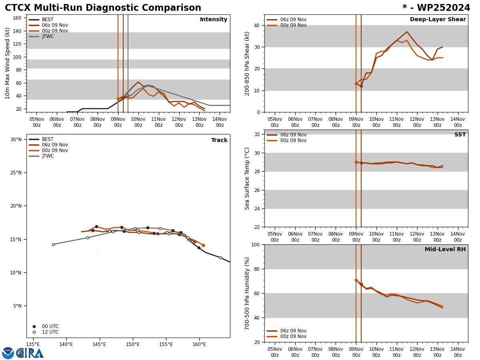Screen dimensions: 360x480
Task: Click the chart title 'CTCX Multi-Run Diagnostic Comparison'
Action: coord(103,8)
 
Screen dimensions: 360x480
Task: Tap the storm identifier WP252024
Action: coord(436,8)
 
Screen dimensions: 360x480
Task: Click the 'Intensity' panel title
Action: coord(214,20)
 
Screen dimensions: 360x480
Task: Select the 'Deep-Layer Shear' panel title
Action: coord(438,20)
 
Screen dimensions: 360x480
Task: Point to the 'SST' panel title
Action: coord(460,135)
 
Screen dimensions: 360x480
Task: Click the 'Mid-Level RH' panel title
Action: coord(445,250)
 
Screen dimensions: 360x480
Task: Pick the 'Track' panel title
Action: coord(219,140)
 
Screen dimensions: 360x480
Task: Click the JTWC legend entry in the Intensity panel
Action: coord(48,36)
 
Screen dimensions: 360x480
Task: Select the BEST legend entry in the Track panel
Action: coord(48,139)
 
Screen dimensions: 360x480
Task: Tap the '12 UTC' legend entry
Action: coord(50,332)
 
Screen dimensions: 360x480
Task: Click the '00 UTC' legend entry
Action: coord(50,326)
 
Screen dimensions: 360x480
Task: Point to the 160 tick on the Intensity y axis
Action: coord(17,18)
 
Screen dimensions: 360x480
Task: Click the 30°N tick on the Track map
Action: coord(16,140)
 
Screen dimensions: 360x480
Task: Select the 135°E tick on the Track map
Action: coord(33,344)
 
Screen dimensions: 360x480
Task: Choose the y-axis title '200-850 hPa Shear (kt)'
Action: coord(248,63)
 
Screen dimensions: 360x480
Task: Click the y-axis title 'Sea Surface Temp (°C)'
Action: coord(248,178)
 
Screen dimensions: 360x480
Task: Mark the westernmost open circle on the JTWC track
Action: coord(53,244)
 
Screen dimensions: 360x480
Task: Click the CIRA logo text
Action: coord(30,353)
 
